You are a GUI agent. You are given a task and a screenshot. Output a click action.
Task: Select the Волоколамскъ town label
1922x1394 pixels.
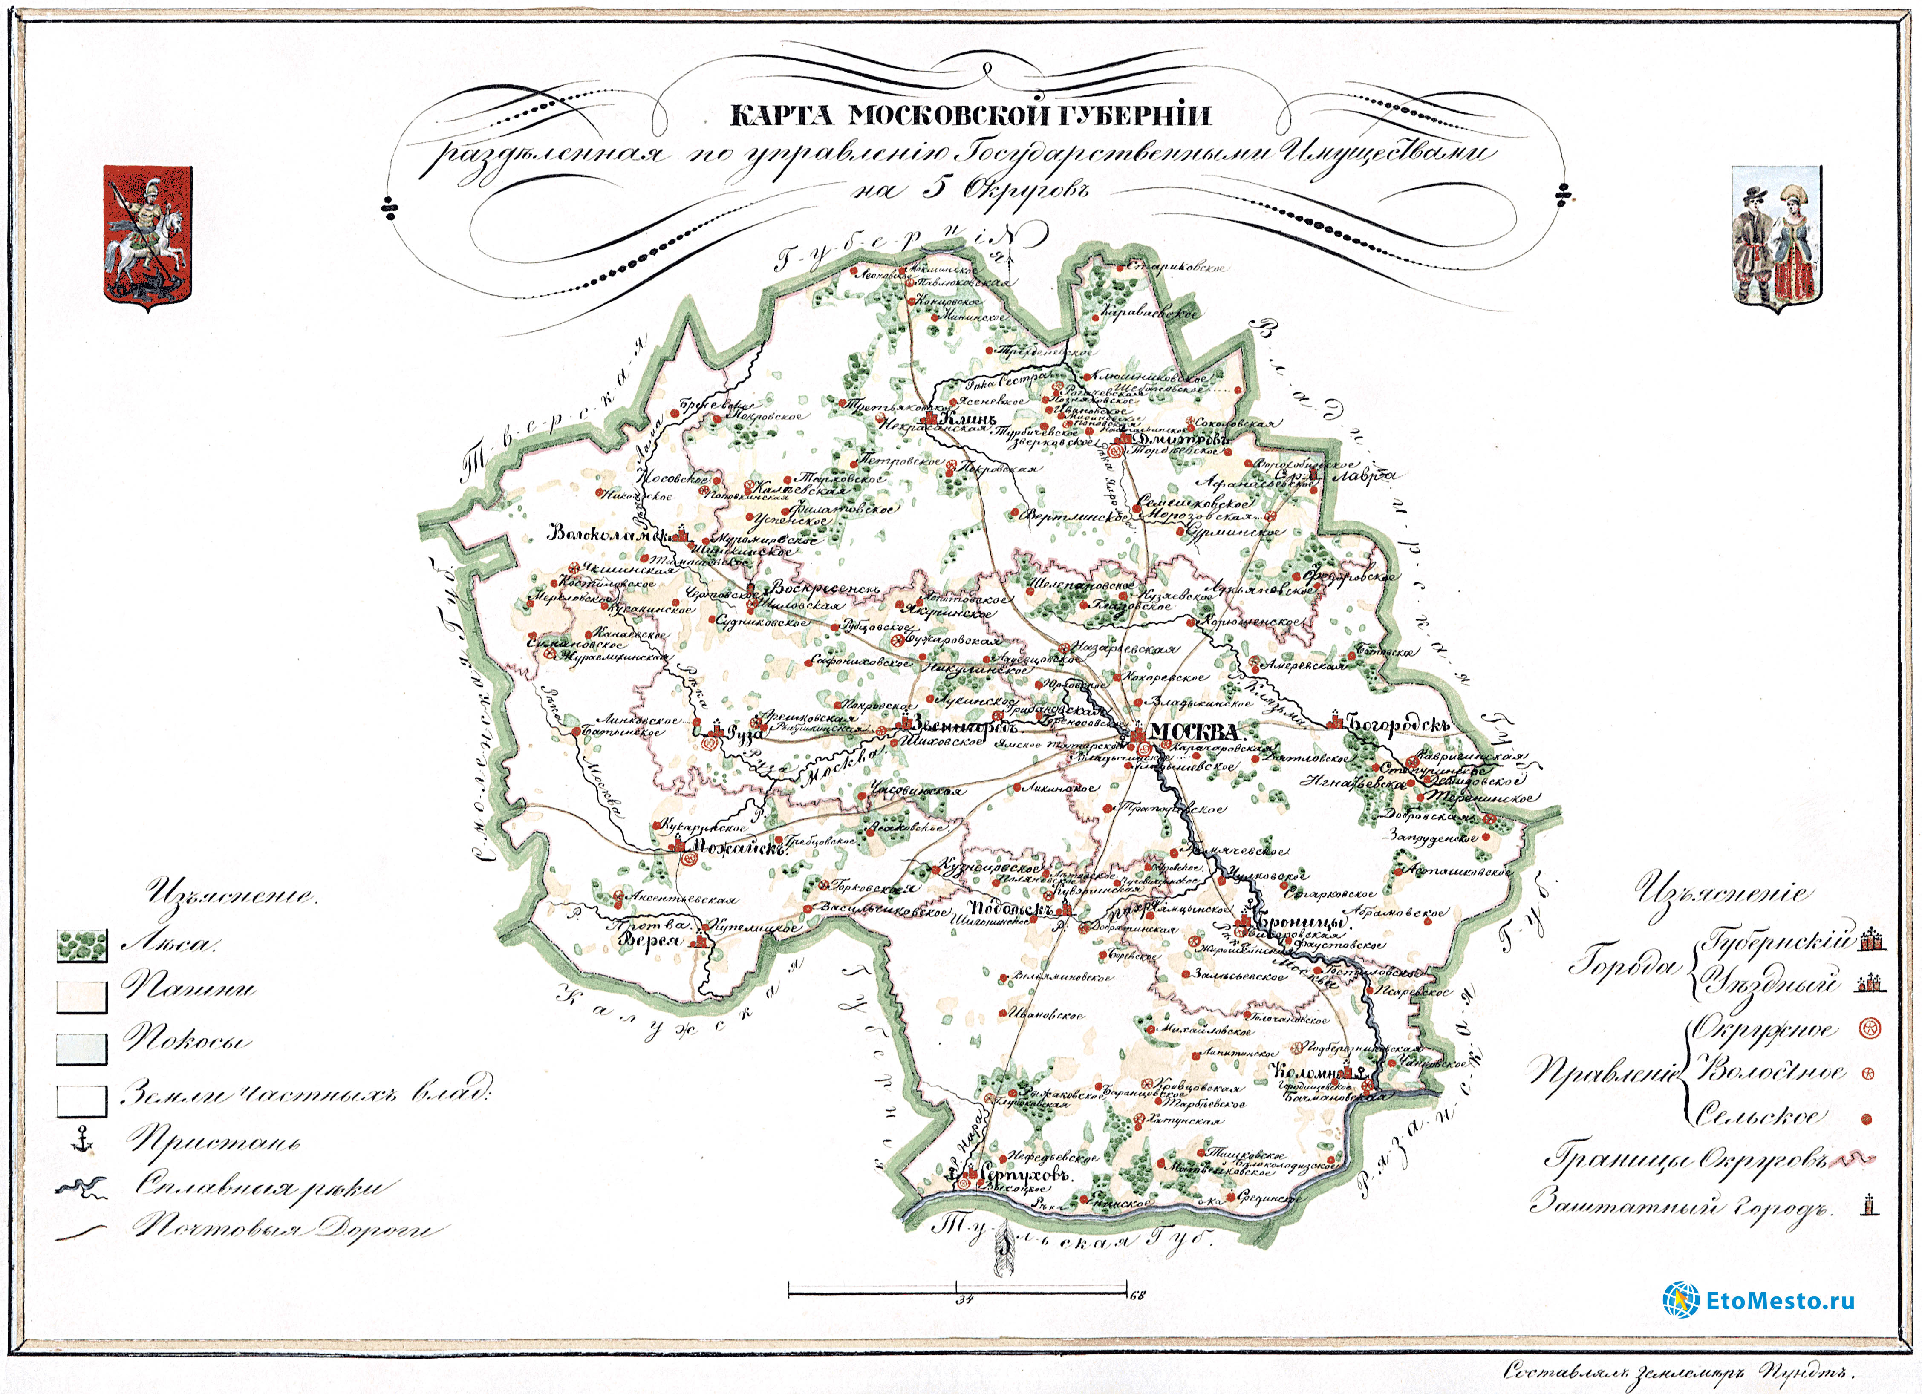click(x=609, y=534)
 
